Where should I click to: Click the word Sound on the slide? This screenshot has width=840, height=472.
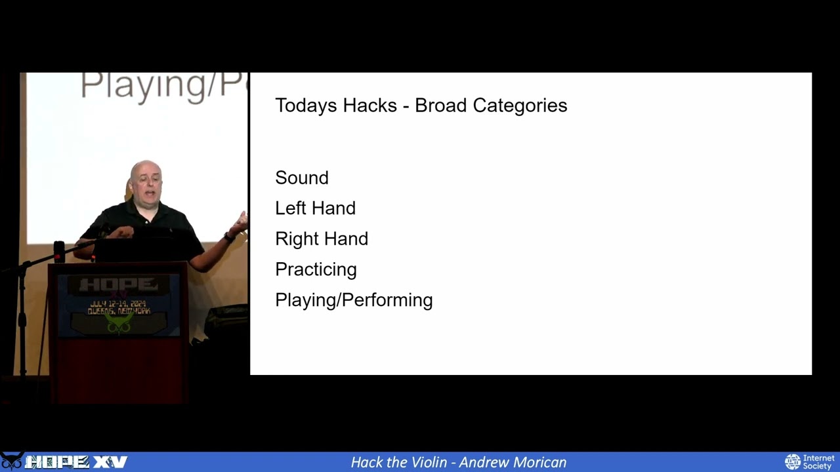coord(302,178)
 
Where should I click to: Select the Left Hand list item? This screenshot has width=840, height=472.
coord(315,208)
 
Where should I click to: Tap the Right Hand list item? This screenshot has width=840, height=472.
coord(322,239)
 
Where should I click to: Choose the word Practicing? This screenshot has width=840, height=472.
coord(316,269)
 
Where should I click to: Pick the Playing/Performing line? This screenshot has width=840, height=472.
coord(354,300)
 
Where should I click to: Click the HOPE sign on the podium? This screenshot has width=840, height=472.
coord(118,285)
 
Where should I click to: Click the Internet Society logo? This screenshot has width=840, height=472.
coord(810,462)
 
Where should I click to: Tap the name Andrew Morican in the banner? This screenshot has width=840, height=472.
coord(512,462)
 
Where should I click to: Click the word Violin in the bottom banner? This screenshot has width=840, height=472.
coord(430,462)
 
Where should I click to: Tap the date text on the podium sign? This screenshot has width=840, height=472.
coord(118,304)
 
